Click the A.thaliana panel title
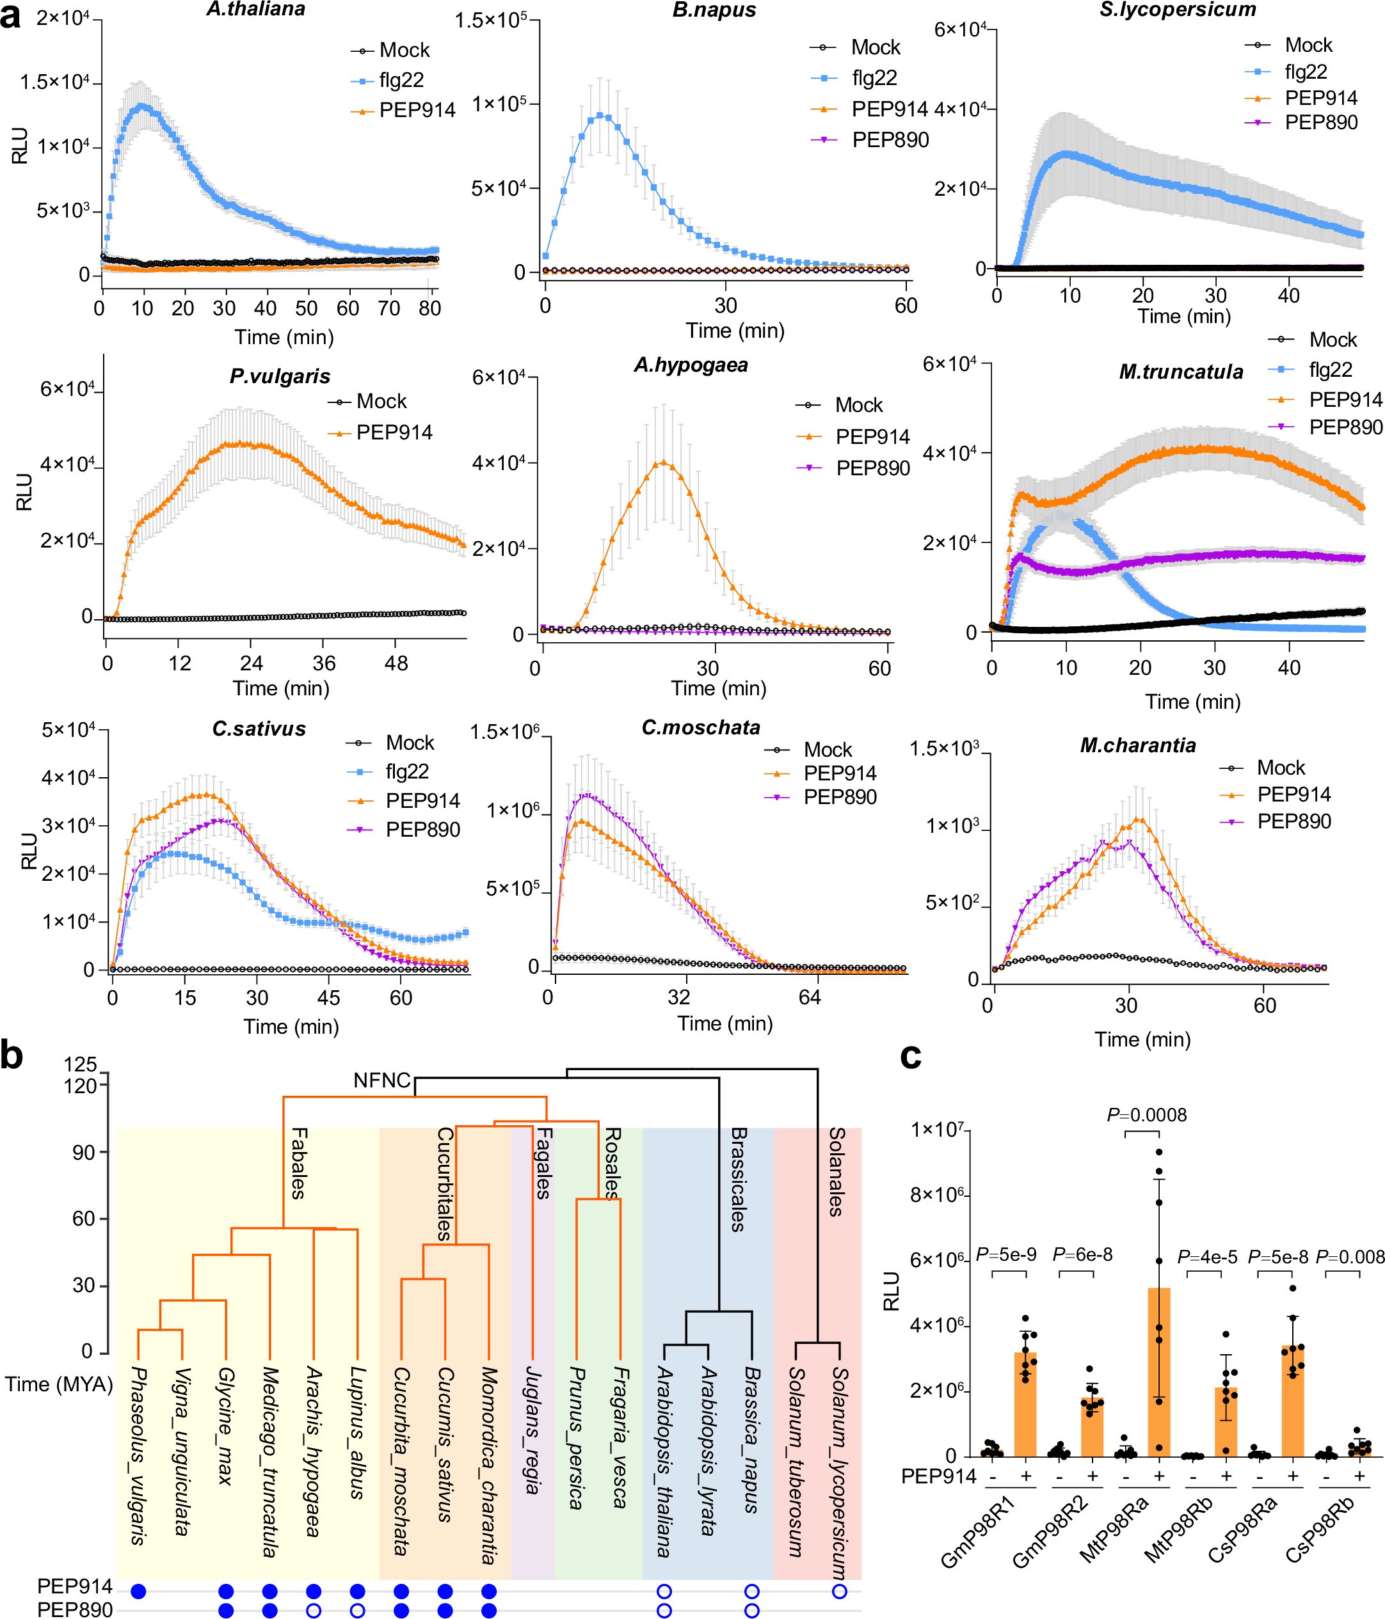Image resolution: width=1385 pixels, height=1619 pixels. click(x=255, y=10)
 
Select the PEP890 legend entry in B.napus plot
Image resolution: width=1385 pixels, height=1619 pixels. click(x=890, y=140)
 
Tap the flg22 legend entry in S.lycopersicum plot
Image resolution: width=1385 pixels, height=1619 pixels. click(x=1306, y=72)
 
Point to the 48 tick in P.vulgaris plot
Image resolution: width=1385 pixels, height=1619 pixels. click(x=396, y=663)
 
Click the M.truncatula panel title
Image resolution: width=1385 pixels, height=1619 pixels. click(x=1180, y=372)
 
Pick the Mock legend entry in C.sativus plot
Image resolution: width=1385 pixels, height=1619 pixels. click(x=409, y=742)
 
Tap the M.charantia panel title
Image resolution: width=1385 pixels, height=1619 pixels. click(x=1137, y=745)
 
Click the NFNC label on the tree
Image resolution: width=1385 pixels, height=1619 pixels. click(x=381, y=1080)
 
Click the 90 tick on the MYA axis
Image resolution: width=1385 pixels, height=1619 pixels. click(x=84, y=1153)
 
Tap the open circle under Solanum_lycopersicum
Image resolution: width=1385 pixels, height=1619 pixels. click(x=840, y=1591)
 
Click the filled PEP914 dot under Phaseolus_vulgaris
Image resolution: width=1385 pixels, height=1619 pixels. click(x=139, y=1591)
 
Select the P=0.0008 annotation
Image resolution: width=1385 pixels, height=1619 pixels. click(x=1147, y=1115)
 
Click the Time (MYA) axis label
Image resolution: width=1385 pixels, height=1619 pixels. click(x=59, y=1385)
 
